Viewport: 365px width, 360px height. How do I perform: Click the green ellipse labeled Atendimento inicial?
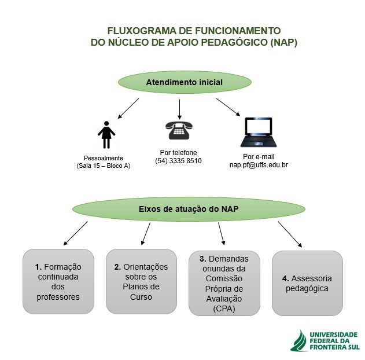185,82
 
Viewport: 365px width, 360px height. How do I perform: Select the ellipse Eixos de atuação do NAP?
189,209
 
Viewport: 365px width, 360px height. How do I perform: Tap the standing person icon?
106,135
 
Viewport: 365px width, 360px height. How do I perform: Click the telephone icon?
179,130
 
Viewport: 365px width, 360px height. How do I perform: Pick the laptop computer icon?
259,133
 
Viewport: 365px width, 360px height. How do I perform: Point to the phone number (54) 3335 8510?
178,161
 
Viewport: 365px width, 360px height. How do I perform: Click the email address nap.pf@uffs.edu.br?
259,165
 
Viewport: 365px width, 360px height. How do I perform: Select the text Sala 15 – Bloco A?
104,166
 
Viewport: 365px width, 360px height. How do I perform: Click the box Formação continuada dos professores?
58,281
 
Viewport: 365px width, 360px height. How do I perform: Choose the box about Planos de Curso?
141,281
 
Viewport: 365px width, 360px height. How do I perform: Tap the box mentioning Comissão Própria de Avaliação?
224,283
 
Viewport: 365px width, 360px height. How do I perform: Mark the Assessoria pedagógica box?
307,283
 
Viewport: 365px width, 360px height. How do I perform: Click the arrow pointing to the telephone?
179,109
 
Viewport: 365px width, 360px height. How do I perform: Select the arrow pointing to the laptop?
228,107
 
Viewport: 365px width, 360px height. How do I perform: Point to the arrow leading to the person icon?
128,108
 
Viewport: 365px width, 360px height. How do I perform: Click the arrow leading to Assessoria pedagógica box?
290,234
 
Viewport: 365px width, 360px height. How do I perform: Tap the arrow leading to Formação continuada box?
75,233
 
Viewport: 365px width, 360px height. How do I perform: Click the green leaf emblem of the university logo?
299,341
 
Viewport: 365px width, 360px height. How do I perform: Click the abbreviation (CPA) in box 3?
224,308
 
